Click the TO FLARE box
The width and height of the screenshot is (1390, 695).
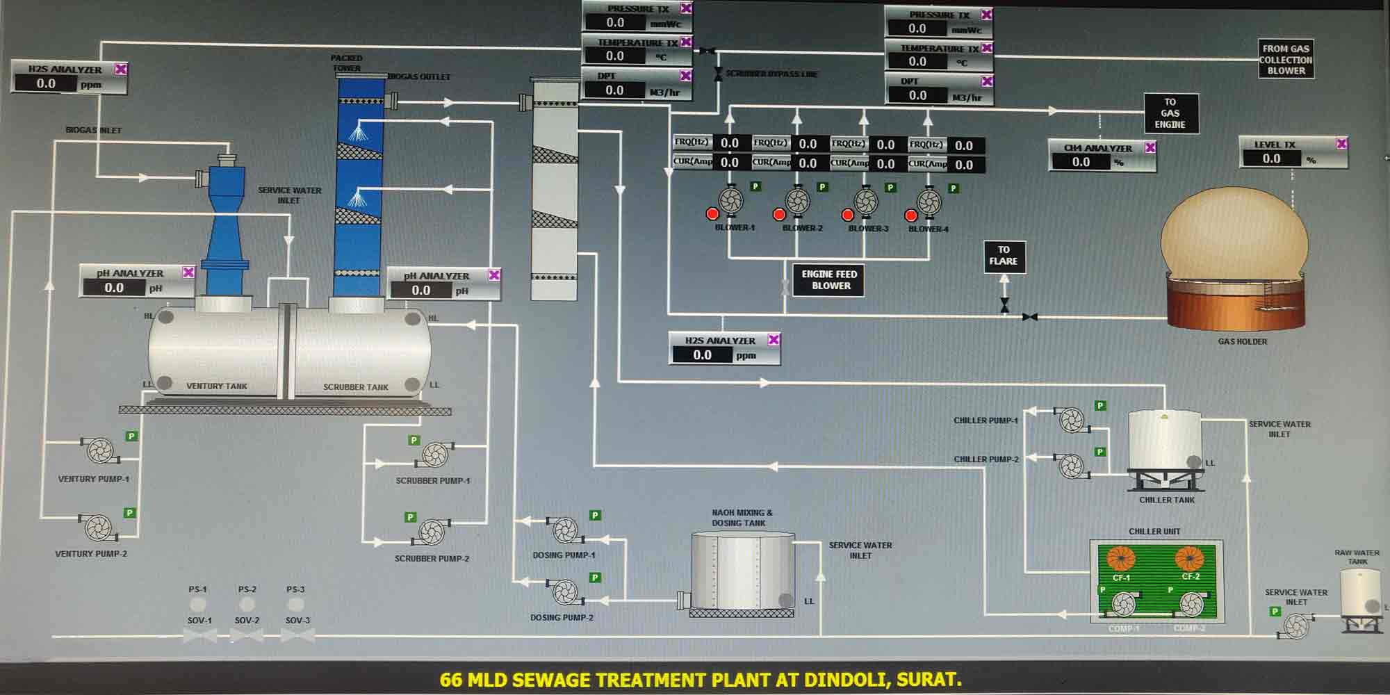click(x=1004, y=256)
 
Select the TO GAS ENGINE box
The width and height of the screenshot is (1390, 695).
click(x=1170, y=113)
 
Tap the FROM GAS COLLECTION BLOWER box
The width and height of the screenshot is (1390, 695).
click(x=1285, y=59)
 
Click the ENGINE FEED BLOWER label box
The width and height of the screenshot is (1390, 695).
click(x=829, y=280)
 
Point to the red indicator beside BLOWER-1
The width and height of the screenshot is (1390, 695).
click(x=712, y=213)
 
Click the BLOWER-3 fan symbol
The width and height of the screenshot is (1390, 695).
click(x=865, y=202)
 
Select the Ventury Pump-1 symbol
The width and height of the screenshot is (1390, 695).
click(x=100, y=450)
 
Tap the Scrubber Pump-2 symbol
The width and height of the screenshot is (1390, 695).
click(x=431, y=532)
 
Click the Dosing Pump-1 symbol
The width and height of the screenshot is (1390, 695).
click(x=564, y=530)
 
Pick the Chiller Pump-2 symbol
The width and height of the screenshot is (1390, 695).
click(x=1070, y=465)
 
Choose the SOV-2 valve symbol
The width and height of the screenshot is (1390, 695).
click(x=247, y=635)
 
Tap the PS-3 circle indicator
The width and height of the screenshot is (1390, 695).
click(x=295, y=604)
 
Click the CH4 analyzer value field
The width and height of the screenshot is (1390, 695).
click(x=1081, y=163)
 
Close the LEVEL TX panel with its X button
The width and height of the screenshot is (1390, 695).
click(x=1341, y=144)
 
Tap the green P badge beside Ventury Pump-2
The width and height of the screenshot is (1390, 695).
click(x=129, y=513)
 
